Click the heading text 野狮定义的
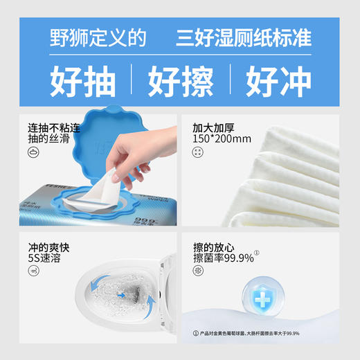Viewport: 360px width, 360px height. [x=98, y=38]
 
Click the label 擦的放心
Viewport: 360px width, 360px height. [x=215, y=247]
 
